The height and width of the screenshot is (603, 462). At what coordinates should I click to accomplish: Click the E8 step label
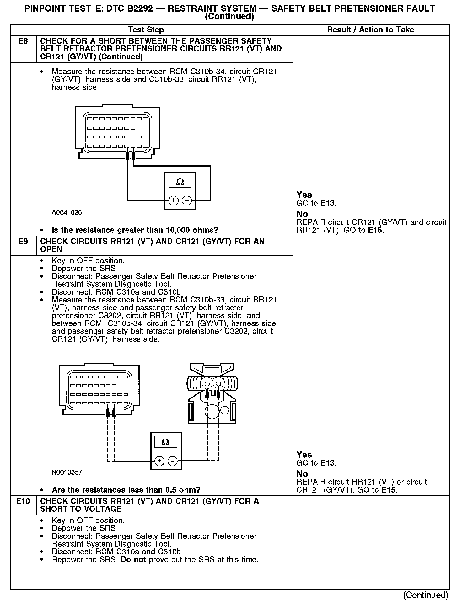click(x=23, y=41)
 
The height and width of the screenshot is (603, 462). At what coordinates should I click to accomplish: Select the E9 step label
click(x=23, y=242)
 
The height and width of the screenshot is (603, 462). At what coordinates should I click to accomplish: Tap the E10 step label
click(x=23, y=501)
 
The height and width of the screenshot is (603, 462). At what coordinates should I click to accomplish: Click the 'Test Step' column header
click(x=146, y=30)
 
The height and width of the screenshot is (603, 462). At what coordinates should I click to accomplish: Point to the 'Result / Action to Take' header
click(x=370, y=30)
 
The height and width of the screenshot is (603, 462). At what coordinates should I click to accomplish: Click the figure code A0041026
click(x=67, y=213)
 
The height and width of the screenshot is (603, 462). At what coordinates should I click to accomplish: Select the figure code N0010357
click(x=67, y=472)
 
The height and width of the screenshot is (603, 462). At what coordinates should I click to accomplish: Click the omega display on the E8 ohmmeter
click(x=180, y=182)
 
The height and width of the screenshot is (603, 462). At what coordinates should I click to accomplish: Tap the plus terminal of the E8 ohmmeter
click(x=174, y=200)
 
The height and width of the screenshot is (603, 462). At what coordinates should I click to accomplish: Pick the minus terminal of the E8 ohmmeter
click(x=187, y=200)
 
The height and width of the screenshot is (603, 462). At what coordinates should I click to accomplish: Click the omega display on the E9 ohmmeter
click(x=165, y=442)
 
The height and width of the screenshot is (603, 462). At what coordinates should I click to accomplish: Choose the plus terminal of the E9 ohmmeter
click(x=159, y=461)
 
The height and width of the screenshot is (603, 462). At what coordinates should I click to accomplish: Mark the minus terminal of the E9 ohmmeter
click(x=173, y=461)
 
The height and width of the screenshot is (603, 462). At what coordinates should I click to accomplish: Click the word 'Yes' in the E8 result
click(x=304, y=195)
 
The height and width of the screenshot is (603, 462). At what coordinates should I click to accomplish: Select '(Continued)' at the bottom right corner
click(x=426, y=595)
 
